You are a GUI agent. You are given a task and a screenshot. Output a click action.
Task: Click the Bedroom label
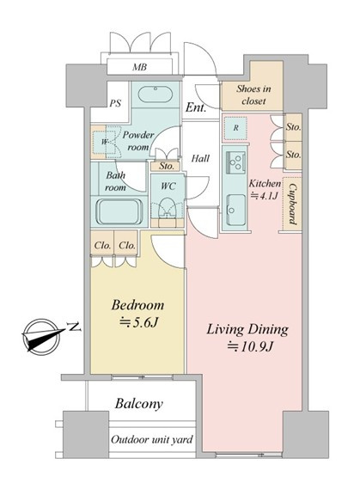(x=137, y=305)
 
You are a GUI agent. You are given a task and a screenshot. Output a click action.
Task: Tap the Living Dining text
(x=247, y=329)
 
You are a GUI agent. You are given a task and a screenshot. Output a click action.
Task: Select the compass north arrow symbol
(x=43, y=336)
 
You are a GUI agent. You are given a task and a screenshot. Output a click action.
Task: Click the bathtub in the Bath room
(x=119, y=212)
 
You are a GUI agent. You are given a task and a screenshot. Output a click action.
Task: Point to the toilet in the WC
(x=167, y=208)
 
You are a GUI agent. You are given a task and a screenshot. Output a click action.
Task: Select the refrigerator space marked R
(x=236, y=128)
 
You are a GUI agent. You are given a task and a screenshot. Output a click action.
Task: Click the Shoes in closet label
(x=253, y=95)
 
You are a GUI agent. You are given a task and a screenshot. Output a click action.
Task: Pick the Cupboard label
(x=292, y=204)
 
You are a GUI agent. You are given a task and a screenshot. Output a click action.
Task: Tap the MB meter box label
(x=139, y=67)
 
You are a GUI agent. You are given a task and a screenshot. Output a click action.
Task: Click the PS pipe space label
(x=114, y=103)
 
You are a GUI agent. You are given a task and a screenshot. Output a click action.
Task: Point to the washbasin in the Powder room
(x=155, y=94)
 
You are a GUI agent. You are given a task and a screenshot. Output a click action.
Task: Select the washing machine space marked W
(x=104, y=142)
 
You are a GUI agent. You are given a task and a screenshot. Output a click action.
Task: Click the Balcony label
(x=138, y=404)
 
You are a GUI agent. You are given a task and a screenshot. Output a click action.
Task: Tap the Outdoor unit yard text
(x=152, y=440)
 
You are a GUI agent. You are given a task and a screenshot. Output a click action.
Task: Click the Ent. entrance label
(x=196, y=107)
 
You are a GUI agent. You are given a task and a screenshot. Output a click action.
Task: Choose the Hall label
(x=200, y=158)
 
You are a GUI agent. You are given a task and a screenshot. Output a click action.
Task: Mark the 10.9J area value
(x=251, y=346)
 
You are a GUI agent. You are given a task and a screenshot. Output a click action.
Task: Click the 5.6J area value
(x=139, y=322)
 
